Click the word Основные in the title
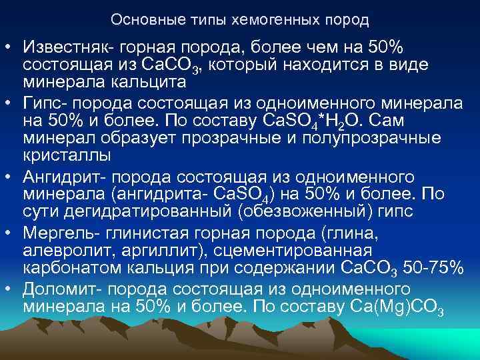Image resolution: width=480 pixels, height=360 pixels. pyautogui.click(x=139, y=19)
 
